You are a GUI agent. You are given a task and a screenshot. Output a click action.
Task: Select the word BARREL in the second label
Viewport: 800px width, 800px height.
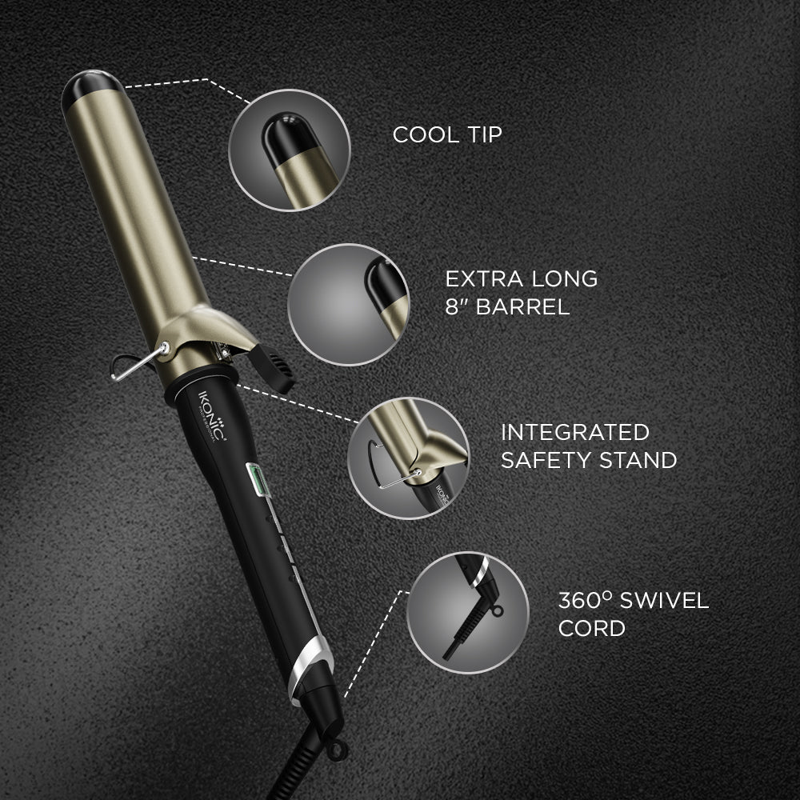click(522, 307)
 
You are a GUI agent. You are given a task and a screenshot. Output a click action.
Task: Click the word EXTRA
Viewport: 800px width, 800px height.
click(484, 279)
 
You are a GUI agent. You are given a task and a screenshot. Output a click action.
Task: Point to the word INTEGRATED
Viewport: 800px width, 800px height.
click(575, 433)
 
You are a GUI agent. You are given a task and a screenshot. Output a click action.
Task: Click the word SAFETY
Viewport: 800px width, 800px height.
click(546, 461)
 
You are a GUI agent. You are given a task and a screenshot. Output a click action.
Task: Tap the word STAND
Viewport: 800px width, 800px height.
click(638, 461)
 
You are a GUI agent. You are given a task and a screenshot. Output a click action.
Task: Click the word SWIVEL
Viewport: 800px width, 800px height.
click(664, 601)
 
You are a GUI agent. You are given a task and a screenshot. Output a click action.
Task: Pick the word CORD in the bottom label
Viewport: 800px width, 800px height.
click(592, 629)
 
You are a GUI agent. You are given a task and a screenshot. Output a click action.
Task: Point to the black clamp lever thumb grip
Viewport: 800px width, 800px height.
click(271, 367)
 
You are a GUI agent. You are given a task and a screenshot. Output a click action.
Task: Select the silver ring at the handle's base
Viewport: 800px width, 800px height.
click(309, 666)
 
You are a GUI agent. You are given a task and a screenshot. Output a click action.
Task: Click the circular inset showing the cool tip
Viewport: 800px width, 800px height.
click(290, 150)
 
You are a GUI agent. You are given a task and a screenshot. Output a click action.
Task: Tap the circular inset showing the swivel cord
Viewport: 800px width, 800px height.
click(468, 612)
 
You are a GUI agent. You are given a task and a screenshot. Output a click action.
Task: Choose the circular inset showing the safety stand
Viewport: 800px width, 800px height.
click(409, 458)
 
